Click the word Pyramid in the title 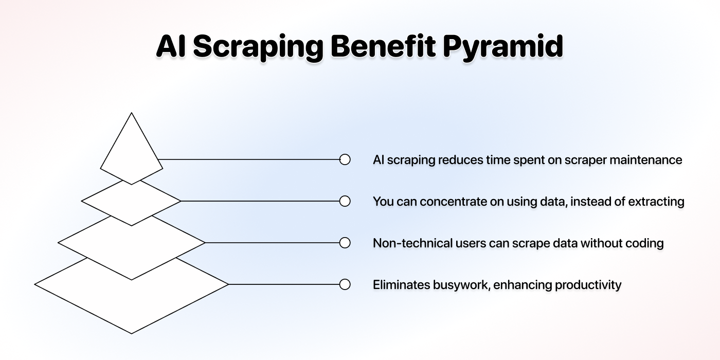(x=503, y=47)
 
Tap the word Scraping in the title (x=258, y=47)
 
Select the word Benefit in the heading (x=383, y=45)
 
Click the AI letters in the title (x=171, y=46)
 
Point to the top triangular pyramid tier (x=132, y=151)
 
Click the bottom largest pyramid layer (x=132, y=299)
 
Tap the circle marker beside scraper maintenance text (x=345, y=159)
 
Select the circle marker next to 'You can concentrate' (x=345, y=201)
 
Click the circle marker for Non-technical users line (x=345, y=243)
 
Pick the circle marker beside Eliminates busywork (x=345, y=284)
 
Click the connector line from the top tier (x=249, y=159)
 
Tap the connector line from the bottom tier (x=283, y=284)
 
